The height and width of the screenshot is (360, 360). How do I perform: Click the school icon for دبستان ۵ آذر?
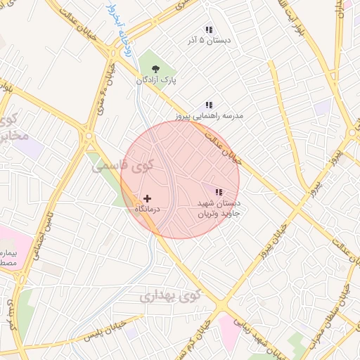208,30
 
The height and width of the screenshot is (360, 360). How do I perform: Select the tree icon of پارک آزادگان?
155,69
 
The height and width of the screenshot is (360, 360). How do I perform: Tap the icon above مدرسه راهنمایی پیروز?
208,104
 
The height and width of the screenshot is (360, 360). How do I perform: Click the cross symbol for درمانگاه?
147,199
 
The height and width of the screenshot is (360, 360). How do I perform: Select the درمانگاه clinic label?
148,210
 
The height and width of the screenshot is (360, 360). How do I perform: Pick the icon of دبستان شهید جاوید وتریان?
219,192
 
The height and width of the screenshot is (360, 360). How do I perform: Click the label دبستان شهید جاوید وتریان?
218,207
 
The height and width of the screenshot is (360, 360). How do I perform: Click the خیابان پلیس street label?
108,330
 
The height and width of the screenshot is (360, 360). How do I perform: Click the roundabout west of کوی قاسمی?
88,136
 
